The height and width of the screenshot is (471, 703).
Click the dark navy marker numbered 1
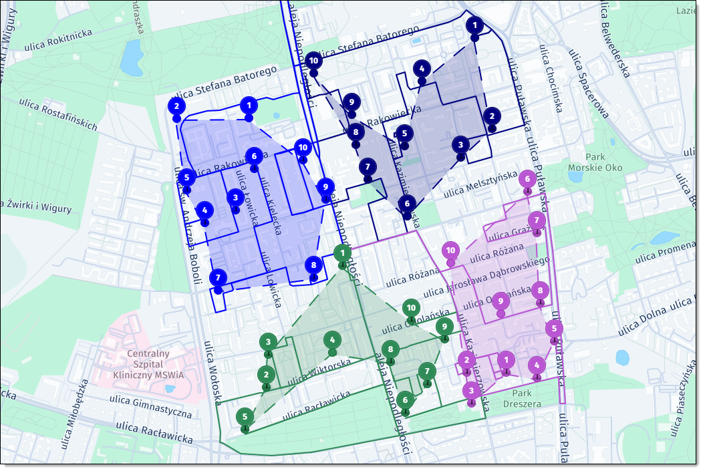474,27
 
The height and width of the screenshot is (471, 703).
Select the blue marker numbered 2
176,106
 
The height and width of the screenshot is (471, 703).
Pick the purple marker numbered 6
527,179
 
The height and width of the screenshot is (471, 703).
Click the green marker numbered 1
341,253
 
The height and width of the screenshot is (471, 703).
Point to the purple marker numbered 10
451,251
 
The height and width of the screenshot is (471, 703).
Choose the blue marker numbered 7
218,278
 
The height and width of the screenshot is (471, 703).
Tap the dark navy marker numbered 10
313,61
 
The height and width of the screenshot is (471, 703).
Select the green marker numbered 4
332,340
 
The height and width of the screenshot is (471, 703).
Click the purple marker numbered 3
471,391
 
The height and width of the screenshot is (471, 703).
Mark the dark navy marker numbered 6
407,204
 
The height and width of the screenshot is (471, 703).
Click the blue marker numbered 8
313,265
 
